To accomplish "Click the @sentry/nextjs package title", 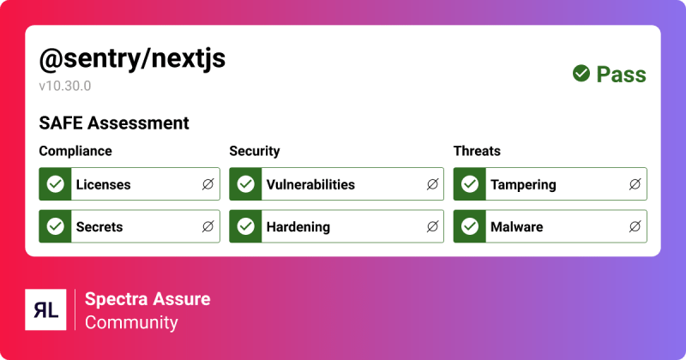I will pyautogui.click(x=132, y=60).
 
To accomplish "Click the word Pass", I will pyautogui.click(x=621, y=75).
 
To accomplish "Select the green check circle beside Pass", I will pyautogui.click(x=581, y=75).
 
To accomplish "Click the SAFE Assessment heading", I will pyautogui.click(x=114, y=123).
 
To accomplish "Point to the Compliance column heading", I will pyautogui.click(x=75, y=151).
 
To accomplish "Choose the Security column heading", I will pyautogui.click(x=255, y=151).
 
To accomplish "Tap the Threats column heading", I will pyautogui.click(x=477, y=151).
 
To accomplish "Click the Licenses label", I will pyautogui.click(x=103, y=184).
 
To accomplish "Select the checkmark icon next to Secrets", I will pyautogui.click(x=55, y=227).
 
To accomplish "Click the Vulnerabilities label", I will pyautogui.click(x=310, y=184).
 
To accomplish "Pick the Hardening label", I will pyautogui.click(x=298, y=227).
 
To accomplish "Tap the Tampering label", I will pyautogui.click(x=523, y=184).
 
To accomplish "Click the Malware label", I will pyautogui.click(x=516, y=227).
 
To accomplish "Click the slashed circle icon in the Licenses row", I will pyautogui.click(x=208, y=184).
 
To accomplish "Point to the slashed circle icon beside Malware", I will pyautogui.click(x=635, y=227).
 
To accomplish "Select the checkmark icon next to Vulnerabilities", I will pyautogui.click(x=245, y=184).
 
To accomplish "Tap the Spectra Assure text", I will pyautogui.click(x=147, y=299).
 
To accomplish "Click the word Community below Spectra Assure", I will pyautogui.click(x=131, y=322).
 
